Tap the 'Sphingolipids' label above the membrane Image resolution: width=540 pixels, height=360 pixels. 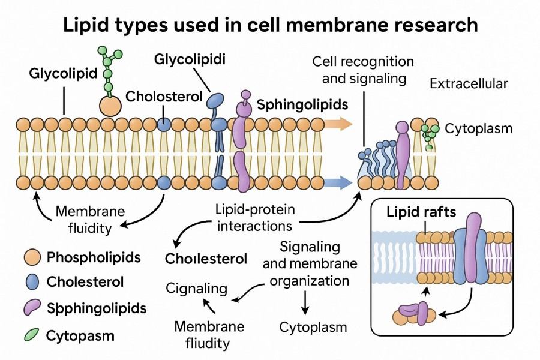302,104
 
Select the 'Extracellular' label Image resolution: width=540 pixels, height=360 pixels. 469,84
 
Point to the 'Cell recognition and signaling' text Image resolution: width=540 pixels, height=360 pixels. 363,70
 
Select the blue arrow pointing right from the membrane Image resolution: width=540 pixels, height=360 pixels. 340,182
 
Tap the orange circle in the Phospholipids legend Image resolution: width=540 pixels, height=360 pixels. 34,258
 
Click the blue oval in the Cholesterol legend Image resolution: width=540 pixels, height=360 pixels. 34,282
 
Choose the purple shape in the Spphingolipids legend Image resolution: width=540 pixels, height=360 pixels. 34,308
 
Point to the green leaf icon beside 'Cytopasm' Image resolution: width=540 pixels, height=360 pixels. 34,334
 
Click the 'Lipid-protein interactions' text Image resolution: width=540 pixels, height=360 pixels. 254,218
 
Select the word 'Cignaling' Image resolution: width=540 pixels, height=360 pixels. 197,289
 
